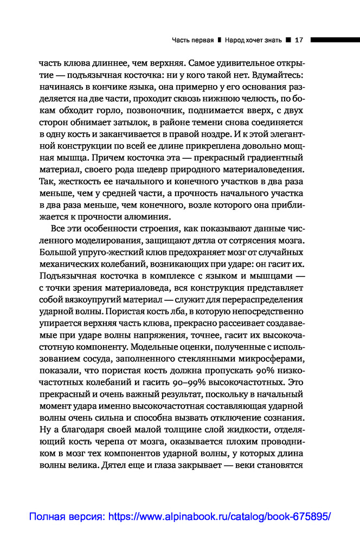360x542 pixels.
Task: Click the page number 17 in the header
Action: pyautogui.click(x=298, y=40)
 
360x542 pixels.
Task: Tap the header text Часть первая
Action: pyautogui.click(x=192, y=40)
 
